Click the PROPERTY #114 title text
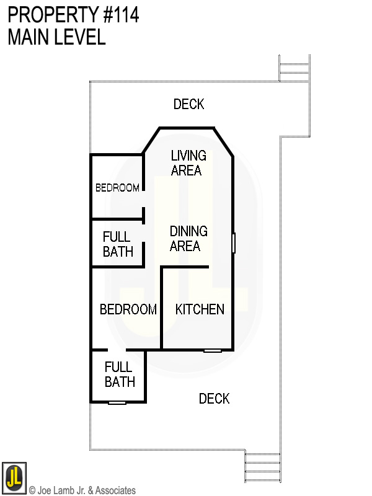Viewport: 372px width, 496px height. [73, 15]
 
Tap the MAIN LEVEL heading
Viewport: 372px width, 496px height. [56, 37]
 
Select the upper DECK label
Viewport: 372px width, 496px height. [188, 104]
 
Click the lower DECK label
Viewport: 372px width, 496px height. [214, 399]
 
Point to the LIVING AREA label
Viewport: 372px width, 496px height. [188, 163]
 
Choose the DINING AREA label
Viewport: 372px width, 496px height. [188, 239]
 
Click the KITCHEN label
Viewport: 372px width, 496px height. [200, 309]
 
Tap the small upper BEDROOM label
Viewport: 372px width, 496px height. [117, 188]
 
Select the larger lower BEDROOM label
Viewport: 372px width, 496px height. [128, 309]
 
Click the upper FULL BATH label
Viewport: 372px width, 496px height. [117, 244]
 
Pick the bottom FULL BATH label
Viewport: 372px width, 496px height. [119, 374]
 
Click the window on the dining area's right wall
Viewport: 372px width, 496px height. [234, 242]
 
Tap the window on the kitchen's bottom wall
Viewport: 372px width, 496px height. [213, 350]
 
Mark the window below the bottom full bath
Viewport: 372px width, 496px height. [117, 402]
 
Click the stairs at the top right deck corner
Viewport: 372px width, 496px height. [294, 68]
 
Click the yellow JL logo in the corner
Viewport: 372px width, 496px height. [14, 478]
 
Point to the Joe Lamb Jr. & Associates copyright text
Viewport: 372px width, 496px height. [82, 490]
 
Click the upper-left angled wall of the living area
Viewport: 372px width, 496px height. [151, 141]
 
